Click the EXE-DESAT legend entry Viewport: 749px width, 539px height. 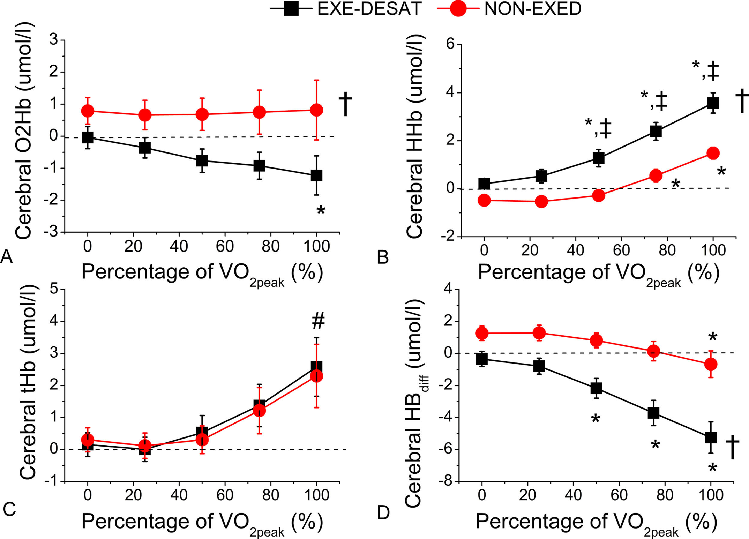345,9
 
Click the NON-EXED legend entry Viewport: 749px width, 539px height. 509,9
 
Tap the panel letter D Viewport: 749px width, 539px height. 383,513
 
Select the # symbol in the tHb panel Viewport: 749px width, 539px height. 318,321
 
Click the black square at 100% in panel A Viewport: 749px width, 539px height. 316,175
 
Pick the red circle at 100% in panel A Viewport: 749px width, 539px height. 316,110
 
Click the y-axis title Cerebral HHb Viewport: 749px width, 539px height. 415,137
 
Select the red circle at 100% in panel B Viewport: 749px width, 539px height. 713,153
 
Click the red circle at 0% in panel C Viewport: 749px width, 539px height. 87,440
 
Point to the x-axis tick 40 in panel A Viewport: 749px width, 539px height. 179,246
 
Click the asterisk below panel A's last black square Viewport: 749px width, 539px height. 321,210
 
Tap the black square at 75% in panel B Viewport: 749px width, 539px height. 656,131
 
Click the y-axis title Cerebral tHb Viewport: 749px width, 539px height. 28,383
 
